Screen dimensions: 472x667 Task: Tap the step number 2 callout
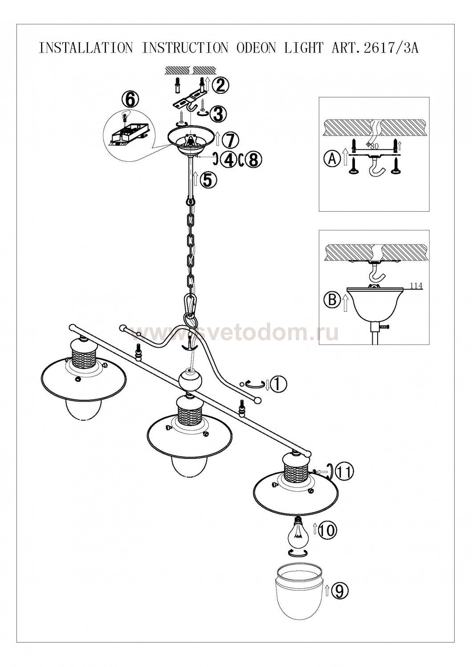pos(220,86)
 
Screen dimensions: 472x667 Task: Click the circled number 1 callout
pos(278,384)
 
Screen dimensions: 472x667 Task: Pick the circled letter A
pos(332,159)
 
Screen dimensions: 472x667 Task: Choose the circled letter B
pos(332,300)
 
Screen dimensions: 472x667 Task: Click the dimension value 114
pos(416,286)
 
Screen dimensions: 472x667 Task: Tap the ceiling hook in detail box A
pos(375,166)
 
